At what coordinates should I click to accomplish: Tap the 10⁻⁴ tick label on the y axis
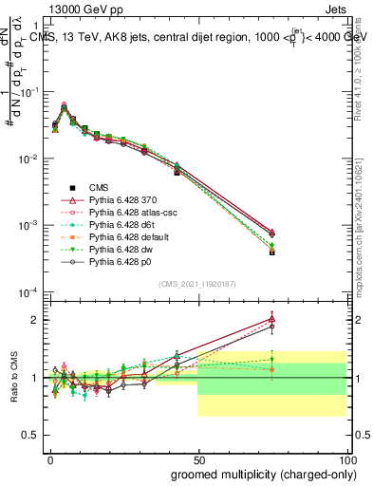coord(28,291)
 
